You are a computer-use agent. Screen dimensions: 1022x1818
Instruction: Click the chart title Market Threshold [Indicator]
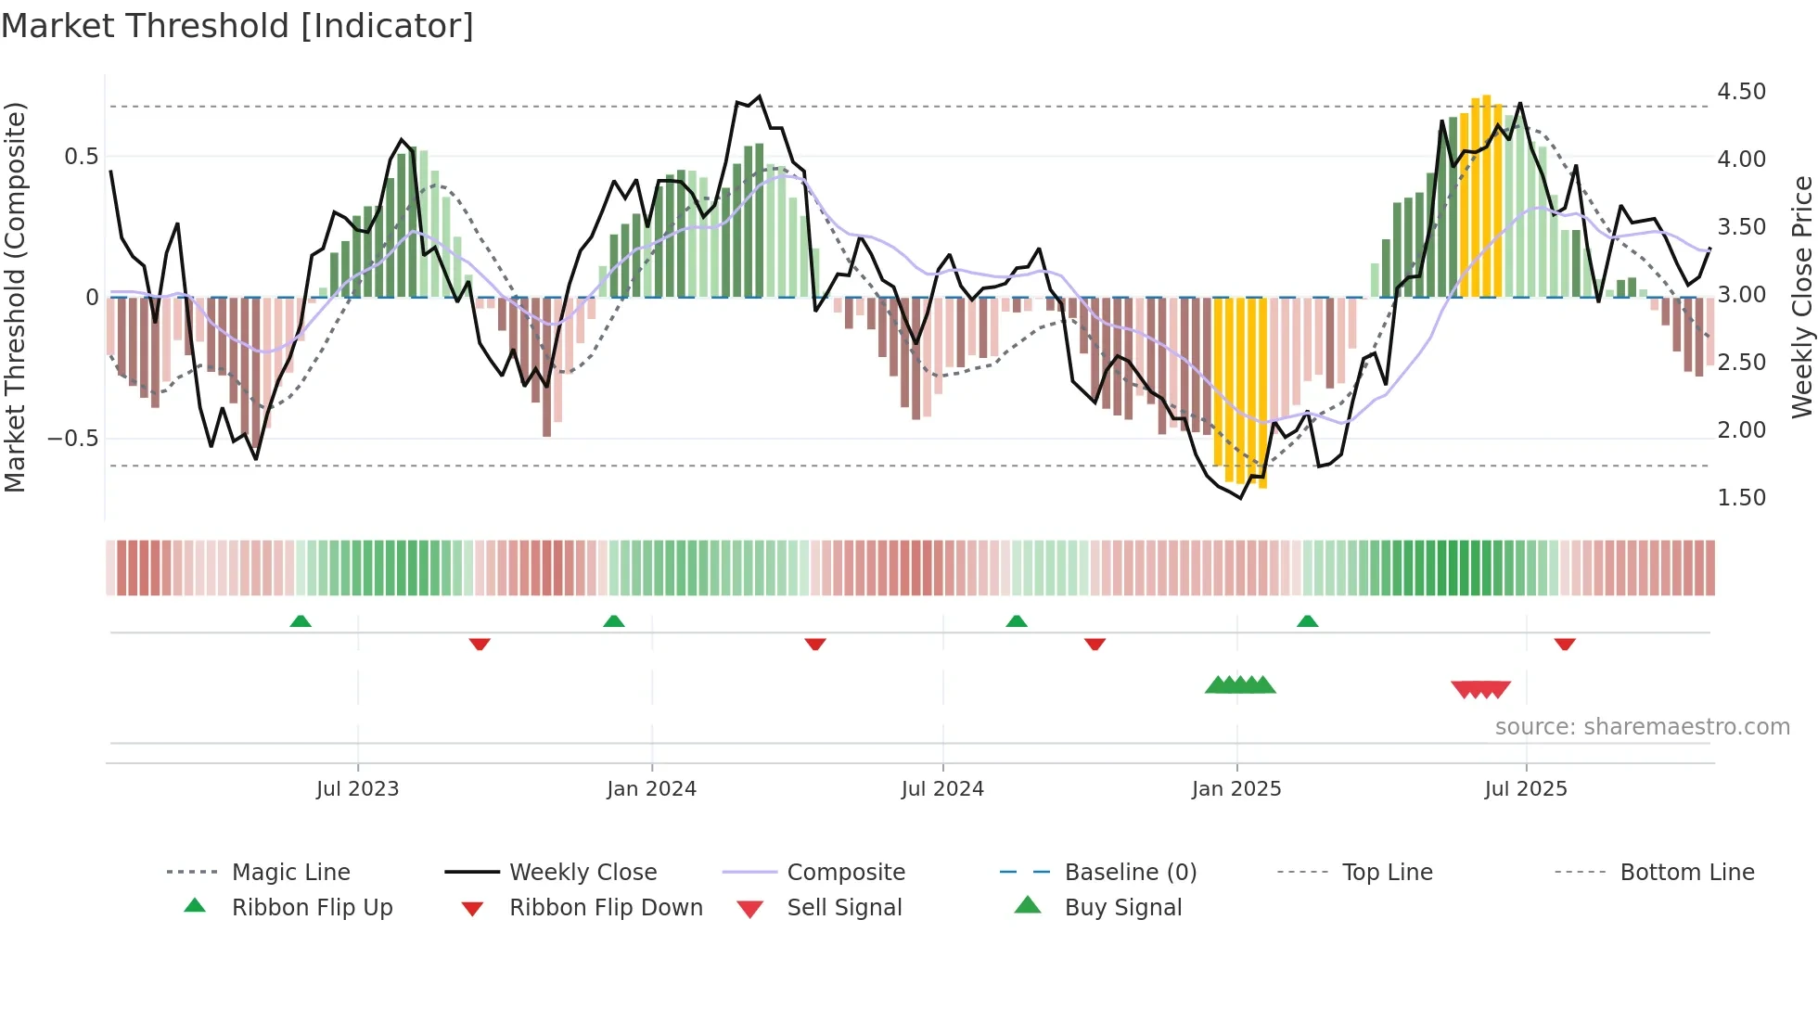pyautogui.click(x=237, y=26)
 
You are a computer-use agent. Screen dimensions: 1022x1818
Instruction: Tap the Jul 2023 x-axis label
pyautogui.click(x=357, y=789)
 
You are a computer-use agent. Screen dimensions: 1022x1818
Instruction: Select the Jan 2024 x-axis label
pyautogui.click(x=651, y=789)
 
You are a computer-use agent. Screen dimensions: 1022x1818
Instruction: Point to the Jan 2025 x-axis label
pyautogui.click(x=1236, y=789)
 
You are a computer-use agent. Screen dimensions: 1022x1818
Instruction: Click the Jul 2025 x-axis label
pyautogui.click(x=1526, y=789)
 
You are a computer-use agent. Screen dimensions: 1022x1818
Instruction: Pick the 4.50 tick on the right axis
pyautogui.click(x=1741, y=92)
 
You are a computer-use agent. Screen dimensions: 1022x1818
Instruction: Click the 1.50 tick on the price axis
pyautogui.click(x=1741, y=498)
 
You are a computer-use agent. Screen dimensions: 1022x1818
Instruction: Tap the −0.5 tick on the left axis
pyautogui.click(x=73, y=438)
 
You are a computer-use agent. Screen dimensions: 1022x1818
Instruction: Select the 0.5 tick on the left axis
pyautogui.click(x=82, y=157)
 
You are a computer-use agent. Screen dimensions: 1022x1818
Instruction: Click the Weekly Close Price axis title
pyautogui.click(x=1801, y=297)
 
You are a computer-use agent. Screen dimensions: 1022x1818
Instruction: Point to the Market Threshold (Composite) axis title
pyautogui.click(x=15, y=297)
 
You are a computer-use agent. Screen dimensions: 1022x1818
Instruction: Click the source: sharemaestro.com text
pyautogui.click(x=1642, y=727)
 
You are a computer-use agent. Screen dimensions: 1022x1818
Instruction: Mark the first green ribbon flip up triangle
pyautogui.click(x=301, y=621)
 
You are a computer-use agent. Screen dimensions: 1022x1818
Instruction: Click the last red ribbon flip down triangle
pyautogui.click(x=1565, y=644)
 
